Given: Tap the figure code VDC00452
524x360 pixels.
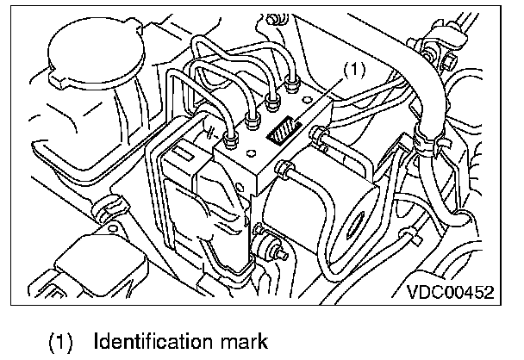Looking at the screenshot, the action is [x=450, y=292].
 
